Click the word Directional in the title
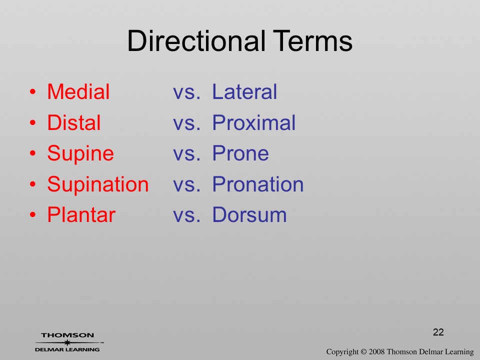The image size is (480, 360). pos(196,40)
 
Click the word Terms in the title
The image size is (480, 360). pos(312,40)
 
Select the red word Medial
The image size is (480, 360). pos(78,91)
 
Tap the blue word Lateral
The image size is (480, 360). pos(244,91)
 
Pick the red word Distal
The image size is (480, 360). pos(74,122)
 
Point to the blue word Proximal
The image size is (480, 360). pos(254,122)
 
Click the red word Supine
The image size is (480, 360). pos(80,154)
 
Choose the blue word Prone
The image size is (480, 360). pos(240,153)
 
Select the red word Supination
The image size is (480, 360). pos(98,185)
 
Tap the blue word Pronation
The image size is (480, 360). pos(258,184)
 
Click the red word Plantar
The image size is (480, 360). pos(81,214)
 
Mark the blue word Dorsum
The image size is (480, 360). pos(249,214)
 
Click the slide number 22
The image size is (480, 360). pos(438,332)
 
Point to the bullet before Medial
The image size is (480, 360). pos(33,92)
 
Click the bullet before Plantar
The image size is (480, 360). pos(33,215)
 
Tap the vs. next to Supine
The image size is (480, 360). pos(186,153)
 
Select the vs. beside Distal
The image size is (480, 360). pos(186,123)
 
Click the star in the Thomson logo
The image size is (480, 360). pos(67,342)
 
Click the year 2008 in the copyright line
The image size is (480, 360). pos(377,352)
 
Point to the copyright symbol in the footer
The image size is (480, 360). pos(363,352)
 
